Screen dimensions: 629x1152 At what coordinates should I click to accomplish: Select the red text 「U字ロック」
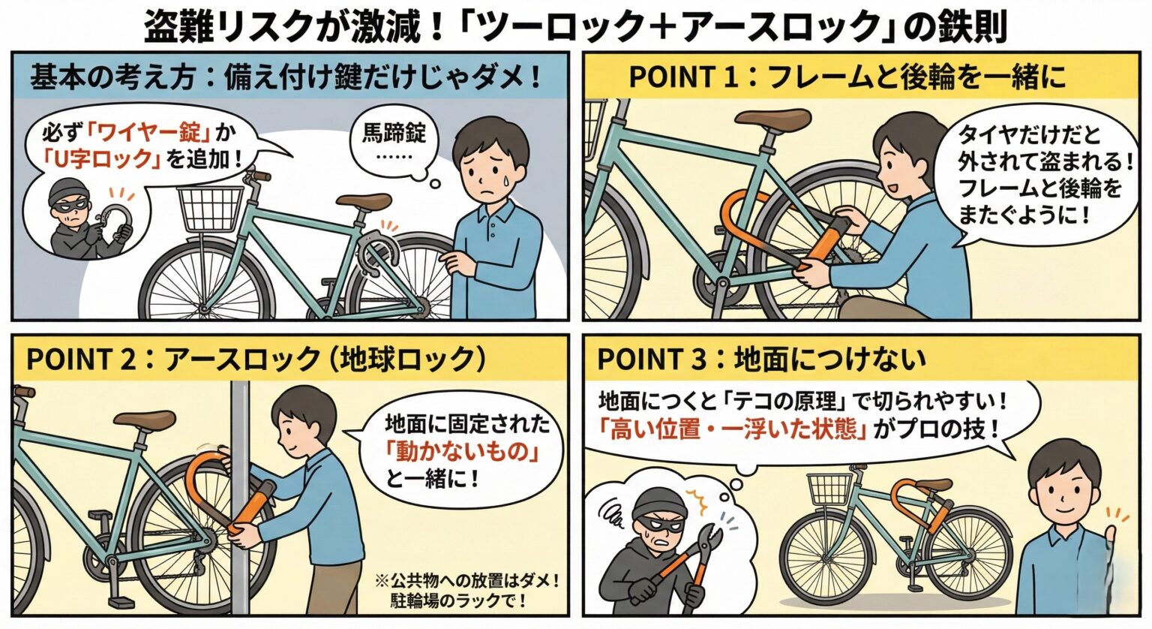[x=102, y=159]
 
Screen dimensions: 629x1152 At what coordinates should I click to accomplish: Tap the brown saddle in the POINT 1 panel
[x=772, y=119]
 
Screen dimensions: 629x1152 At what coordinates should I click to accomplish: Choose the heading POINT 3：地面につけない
[x=760, y=360]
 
